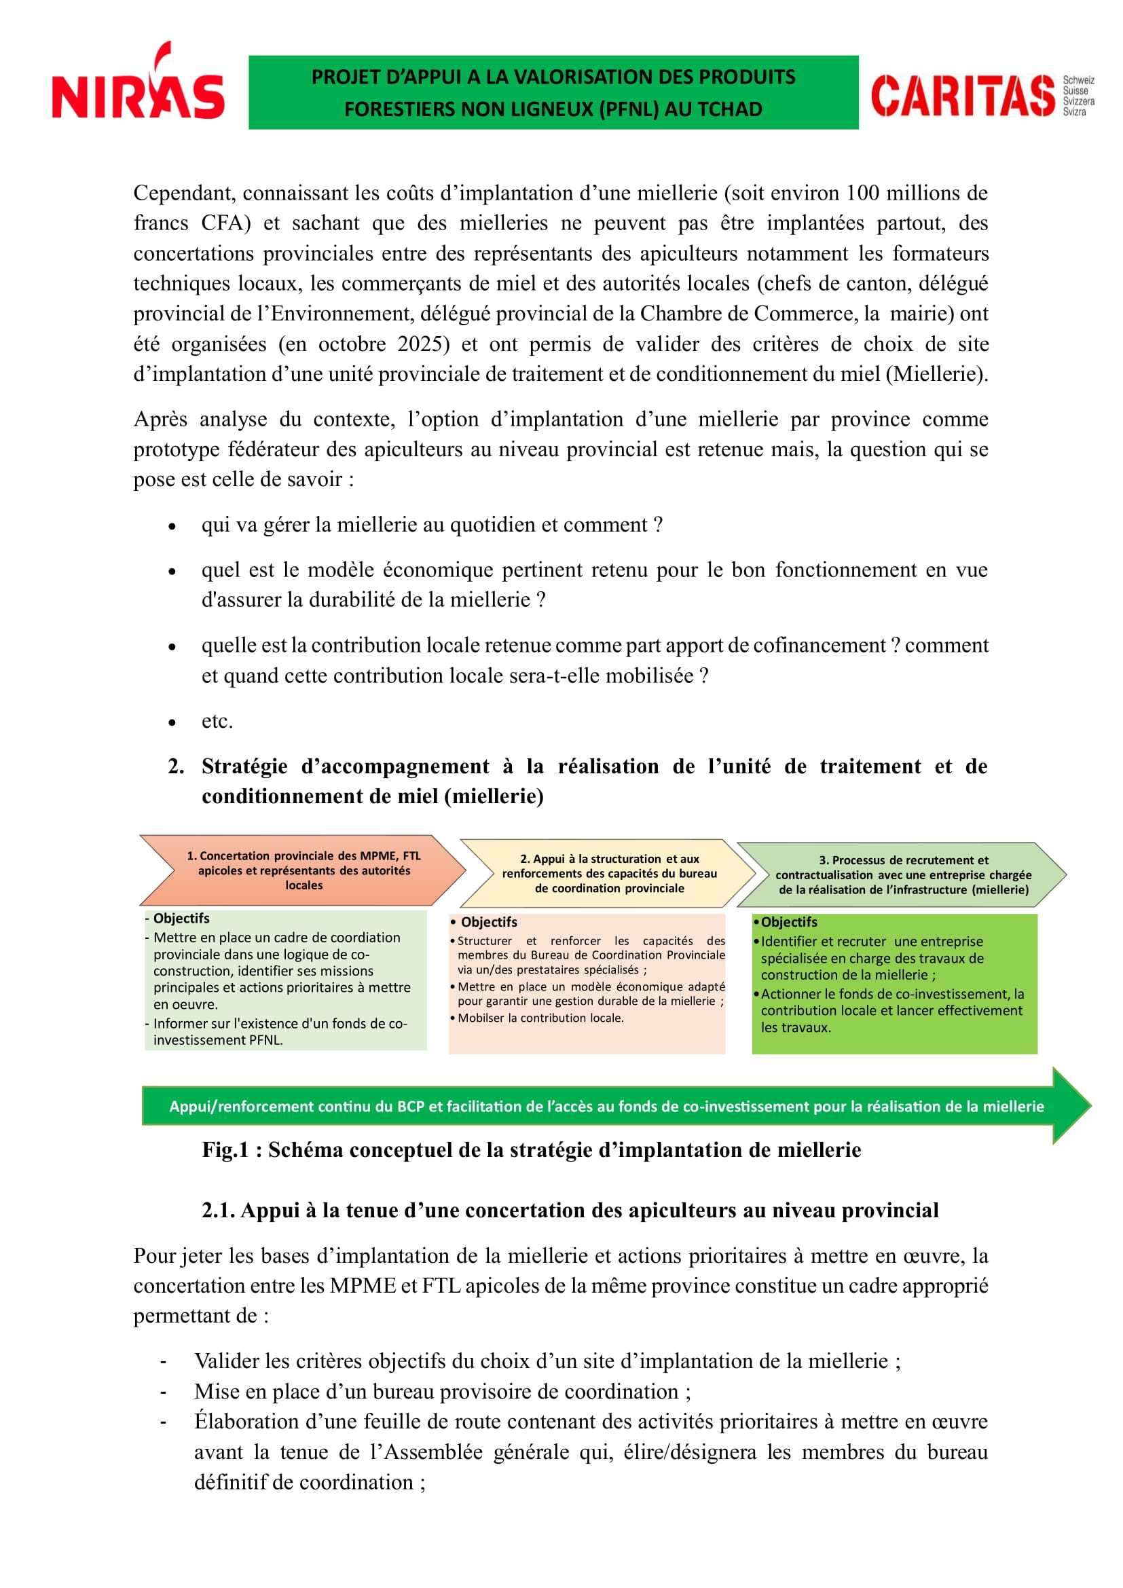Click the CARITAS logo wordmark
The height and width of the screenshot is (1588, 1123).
tap(963, 96)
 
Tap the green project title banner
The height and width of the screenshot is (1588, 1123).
tap(553, 93)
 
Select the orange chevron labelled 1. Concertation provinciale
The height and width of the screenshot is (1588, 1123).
tap(303, 870)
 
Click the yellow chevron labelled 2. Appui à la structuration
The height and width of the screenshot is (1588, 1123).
tap(608, 874)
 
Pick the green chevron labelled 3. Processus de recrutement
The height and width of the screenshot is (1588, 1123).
tap(902, 875)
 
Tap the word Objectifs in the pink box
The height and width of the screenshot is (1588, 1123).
tap(488, 922)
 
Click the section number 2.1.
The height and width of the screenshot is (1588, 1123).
tap(218, 1211)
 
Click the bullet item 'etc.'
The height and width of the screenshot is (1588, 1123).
tap(217, 722)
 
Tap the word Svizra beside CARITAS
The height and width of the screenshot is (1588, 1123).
tap(1074, 112)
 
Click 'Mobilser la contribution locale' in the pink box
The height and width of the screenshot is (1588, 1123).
tap(540, 1018)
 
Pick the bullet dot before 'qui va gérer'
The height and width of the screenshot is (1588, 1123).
tap(172, 526)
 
